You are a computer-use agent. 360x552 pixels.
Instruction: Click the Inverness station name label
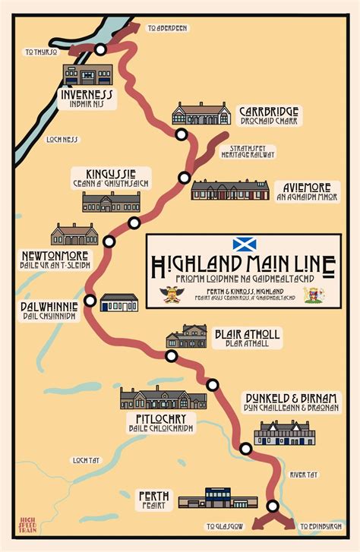pos(86,95)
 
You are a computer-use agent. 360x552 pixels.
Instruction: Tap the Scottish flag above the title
pos(244,244)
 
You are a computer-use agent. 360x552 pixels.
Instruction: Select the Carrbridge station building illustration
pos(201,114)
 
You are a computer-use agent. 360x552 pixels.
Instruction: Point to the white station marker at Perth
pos(273,506)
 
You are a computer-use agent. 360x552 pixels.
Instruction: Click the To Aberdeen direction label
pos(167,28)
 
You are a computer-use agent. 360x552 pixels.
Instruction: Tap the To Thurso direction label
pos(41,52)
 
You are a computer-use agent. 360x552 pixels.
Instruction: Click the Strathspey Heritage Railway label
pos(248,150)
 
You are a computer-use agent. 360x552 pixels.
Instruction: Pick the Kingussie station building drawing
pos(111,202)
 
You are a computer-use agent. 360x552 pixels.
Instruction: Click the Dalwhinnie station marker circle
pos(90,301)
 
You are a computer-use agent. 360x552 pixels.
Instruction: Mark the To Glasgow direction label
pos(224,525)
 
